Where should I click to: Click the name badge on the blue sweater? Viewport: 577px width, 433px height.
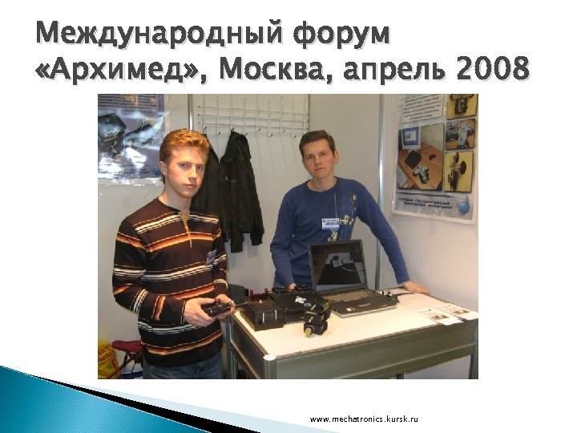pos(330,222)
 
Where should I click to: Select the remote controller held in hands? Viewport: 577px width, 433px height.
pos(217,307)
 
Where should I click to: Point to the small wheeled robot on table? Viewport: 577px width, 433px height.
pos(316,318)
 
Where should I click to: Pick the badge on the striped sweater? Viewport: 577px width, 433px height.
pos(212,257)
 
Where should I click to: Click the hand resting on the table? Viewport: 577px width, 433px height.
pos(415,287)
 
